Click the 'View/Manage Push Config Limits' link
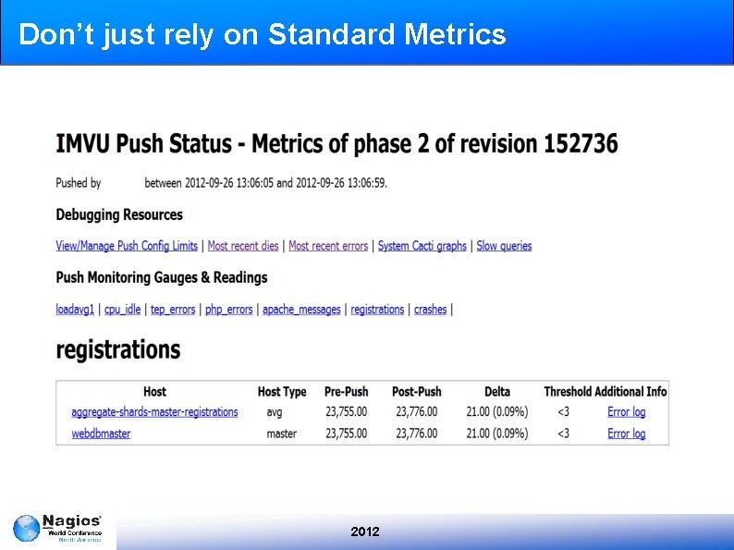127,246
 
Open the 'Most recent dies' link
243,246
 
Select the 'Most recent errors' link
328,246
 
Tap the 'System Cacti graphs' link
422,246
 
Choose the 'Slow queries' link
504,246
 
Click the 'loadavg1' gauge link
75,310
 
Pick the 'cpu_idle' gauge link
122,310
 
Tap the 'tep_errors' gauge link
173,310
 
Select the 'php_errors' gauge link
228,310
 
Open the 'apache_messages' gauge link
301,310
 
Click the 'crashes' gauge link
430,310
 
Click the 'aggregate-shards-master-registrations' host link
154,412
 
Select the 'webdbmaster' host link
101,434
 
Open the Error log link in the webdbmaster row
626,434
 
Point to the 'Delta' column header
496,392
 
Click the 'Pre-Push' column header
346,392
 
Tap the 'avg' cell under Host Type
274,412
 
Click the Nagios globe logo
26,529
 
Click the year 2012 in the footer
365,532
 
